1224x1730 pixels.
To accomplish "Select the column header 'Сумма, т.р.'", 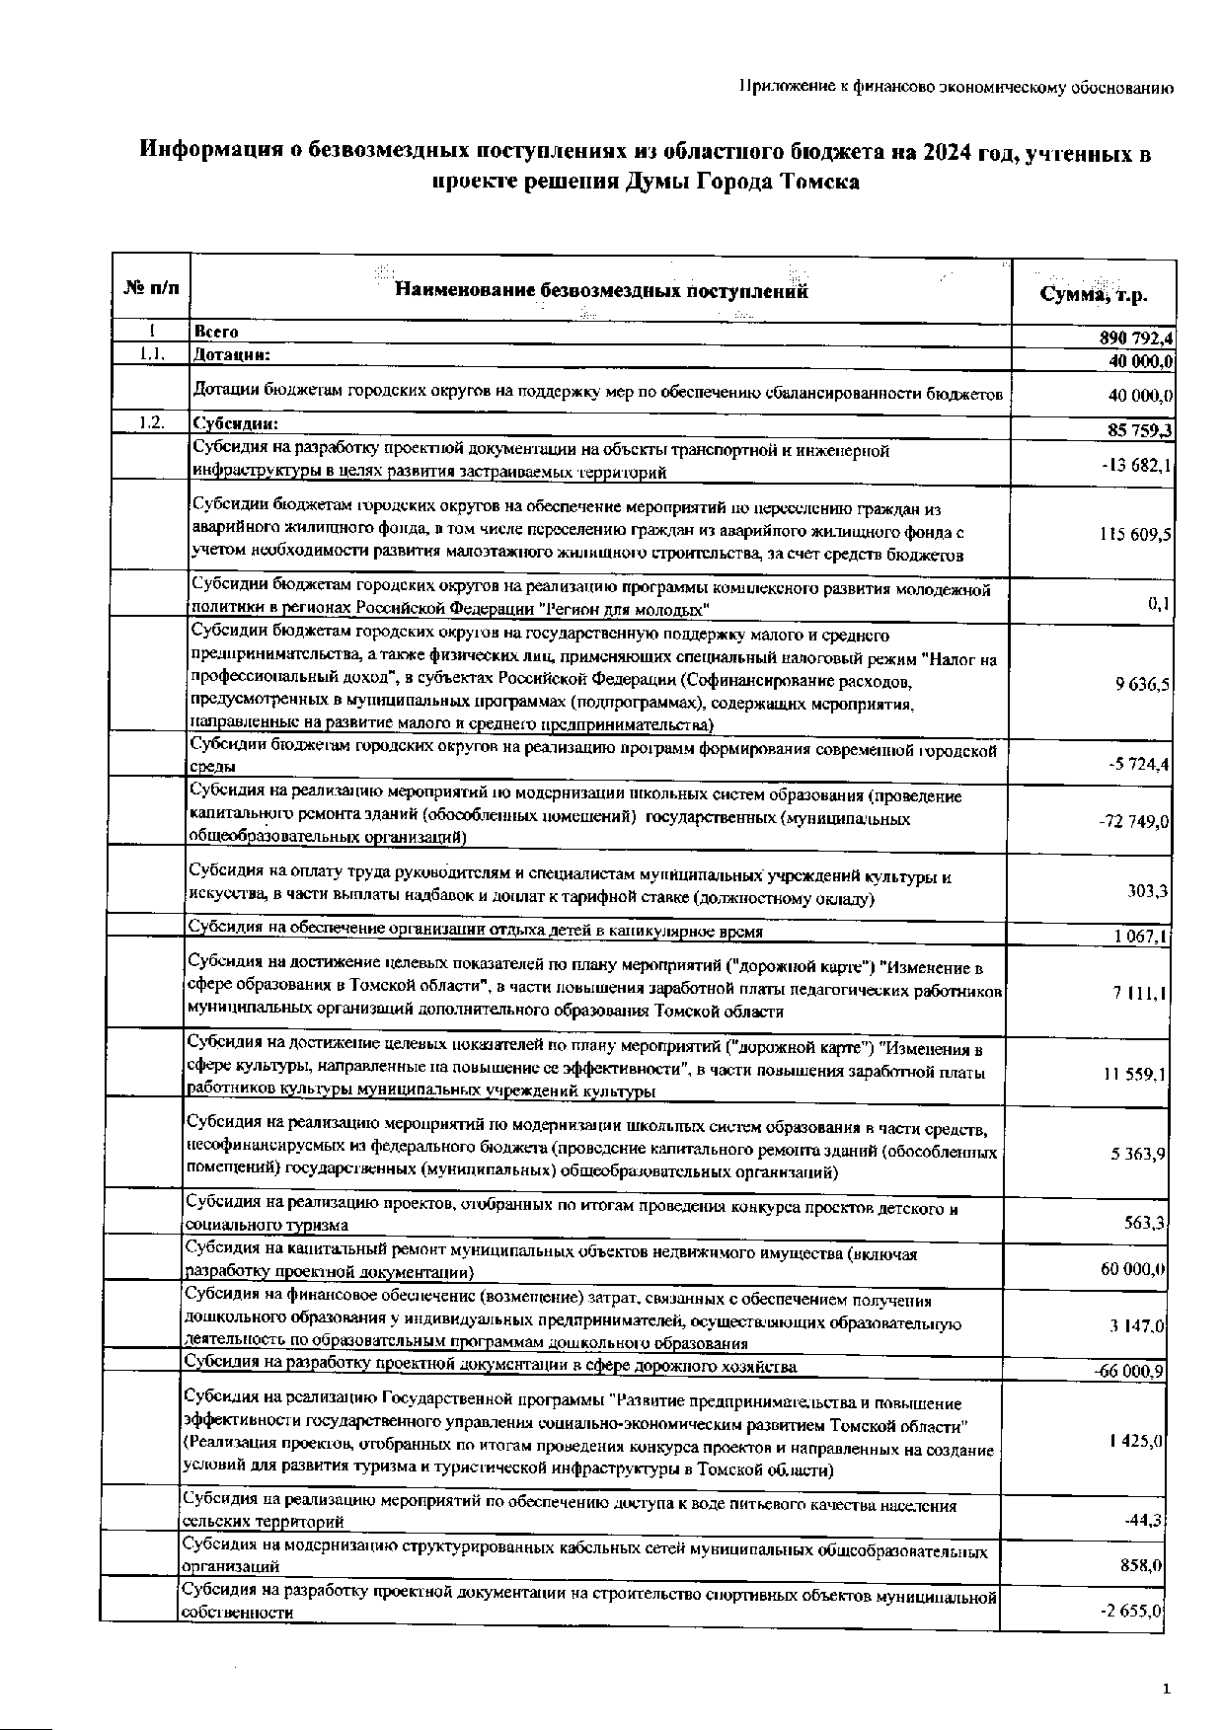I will pyautogui.click(x=1095, y=295).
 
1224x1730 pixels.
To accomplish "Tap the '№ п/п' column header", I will pyautogui.click(x=152, y=289).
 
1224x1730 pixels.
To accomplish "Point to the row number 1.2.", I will pyautogui.click(x=151, y=423).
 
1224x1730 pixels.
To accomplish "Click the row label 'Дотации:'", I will pyautogui.click(x=232, y=353).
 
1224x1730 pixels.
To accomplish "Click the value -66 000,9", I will pyautogui.click(x=1129, y=1372).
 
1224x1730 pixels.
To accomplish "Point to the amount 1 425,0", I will pyautogui.click(x=1137, y=1441).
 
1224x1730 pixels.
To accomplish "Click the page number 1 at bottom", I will pyautogui.click(x=1166, y=1690).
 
